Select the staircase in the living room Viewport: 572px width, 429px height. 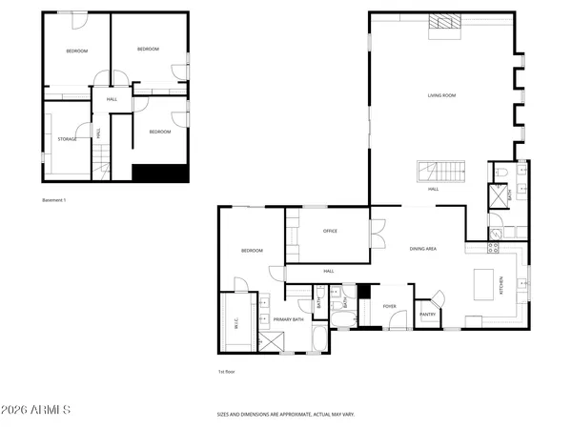coord(441,172)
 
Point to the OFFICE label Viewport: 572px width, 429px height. coord(331,231)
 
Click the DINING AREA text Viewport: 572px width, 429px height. coord(422,248)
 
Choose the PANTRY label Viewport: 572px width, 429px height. coord(427,314)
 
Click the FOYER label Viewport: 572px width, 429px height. coord(389,306)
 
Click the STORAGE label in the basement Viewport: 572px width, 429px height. coord(66,139)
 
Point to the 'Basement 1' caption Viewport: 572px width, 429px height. coord(55,200)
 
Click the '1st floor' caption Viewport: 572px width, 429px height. coord(226,372)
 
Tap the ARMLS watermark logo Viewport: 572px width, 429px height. coord(36,411)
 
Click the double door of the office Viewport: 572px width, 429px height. coord(378,232)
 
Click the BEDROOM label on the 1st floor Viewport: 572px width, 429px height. coord(252,250)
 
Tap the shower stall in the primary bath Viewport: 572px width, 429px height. coord(272,341)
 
